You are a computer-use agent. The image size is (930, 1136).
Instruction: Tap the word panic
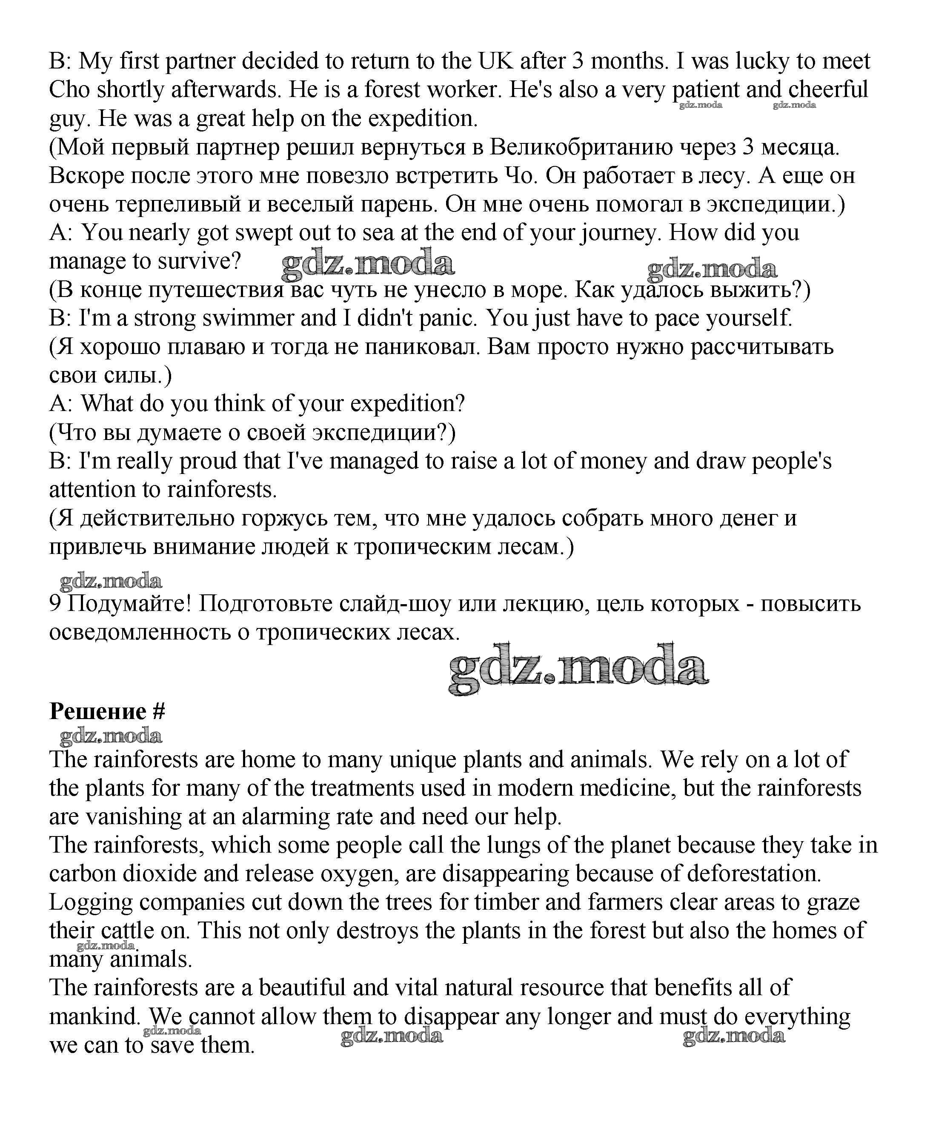point(447,318)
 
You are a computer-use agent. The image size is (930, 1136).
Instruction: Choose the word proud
point(208,461)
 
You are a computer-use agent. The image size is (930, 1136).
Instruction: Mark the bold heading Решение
point(97,712)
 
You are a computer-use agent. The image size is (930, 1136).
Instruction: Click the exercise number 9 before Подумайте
point(55,604)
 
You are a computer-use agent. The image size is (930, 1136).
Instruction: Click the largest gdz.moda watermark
point(578,669)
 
